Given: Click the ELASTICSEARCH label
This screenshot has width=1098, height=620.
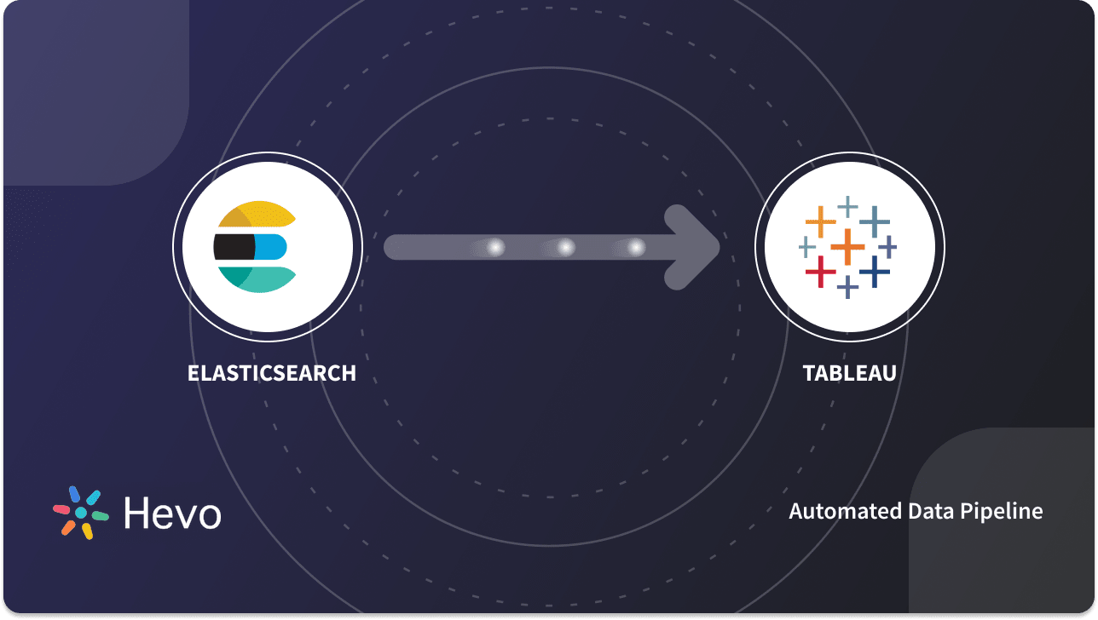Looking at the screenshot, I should point(271,373).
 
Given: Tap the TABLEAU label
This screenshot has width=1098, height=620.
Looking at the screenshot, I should point(849,373).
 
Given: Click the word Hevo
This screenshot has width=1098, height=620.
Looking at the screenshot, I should point(172,513).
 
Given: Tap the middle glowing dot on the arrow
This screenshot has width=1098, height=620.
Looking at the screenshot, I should point(565,247).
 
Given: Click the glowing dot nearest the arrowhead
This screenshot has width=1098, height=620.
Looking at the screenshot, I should point(636,247).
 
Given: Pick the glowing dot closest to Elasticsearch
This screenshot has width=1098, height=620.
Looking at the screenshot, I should point(495,247).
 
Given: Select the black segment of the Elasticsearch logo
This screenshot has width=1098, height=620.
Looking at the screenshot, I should point(233,247).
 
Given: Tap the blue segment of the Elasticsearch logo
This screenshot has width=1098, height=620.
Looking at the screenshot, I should point(271,247).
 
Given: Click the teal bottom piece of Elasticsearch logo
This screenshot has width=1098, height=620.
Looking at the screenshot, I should point(260,278).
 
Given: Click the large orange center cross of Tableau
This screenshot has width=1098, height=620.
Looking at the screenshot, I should point(847,247).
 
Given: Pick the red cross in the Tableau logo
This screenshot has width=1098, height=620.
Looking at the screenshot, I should point(820,272).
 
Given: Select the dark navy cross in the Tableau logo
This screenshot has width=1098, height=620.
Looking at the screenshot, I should point(875,272).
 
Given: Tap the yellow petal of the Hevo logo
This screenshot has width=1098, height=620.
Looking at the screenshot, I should point(86,531).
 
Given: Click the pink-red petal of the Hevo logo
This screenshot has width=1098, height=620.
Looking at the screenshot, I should point(61,509).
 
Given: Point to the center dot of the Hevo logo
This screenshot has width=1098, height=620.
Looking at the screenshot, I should point(81,513).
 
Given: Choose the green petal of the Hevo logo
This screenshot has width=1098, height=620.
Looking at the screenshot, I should point(100,516).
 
